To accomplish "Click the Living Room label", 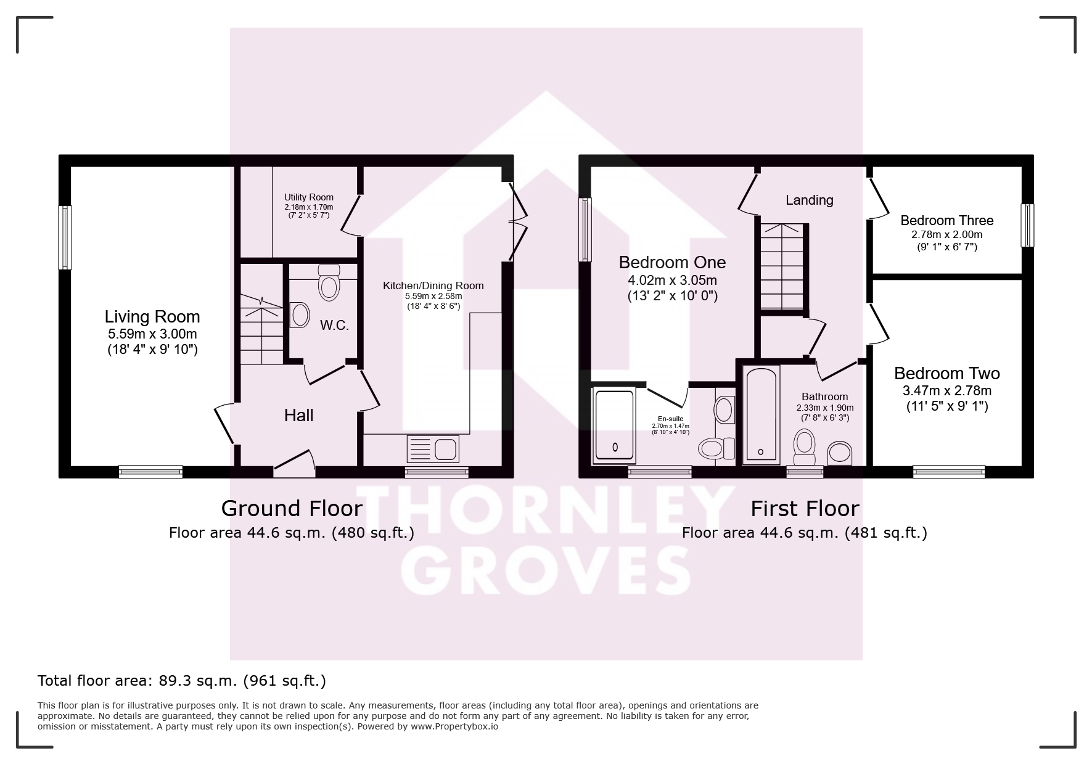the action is pyautogui.click(x=152, y=317).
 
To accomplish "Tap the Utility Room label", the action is pyautogui.click(x=309, y=197).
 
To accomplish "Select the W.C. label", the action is pyautogui.click(x=334, y=326).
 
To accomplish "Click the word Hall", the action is pyautogui.click(x=299, y=416).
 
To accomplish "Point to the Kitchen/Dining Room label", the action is pyautogui.click(x=433, y=285).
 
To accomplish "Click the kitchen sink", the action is pyautogui.click(x=432, y=449).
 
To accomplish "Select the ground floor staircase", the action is pyautogui.click(x=261, y=329).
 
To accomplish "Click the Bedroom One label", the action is pyautogui.click(x=672, y=263).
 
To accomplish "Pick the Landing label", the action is pyautogui.click(x=809, y=200).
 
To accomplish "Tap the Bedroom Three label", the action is pyautogui.click(x=946, y=221).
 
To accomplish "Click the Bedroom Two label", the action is pyautogui.click(x=946, y=373).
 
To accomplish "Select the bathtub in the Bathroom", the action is pyautogui.click(x=762, y=414).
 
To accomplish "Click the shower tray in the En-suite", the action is pyautogui.click(x=614, y=425).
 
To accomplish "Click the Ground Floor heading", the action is pyautogui.click(x=292, y=509).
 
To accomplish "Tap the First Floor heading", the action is pyautogui.click(x=805, y=509).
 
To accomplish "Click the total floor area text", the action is pyautogui.click(x=182, y=681).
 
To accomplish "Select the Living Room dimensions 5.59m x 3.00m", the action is pyautogui.click(x=152, y=335).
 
